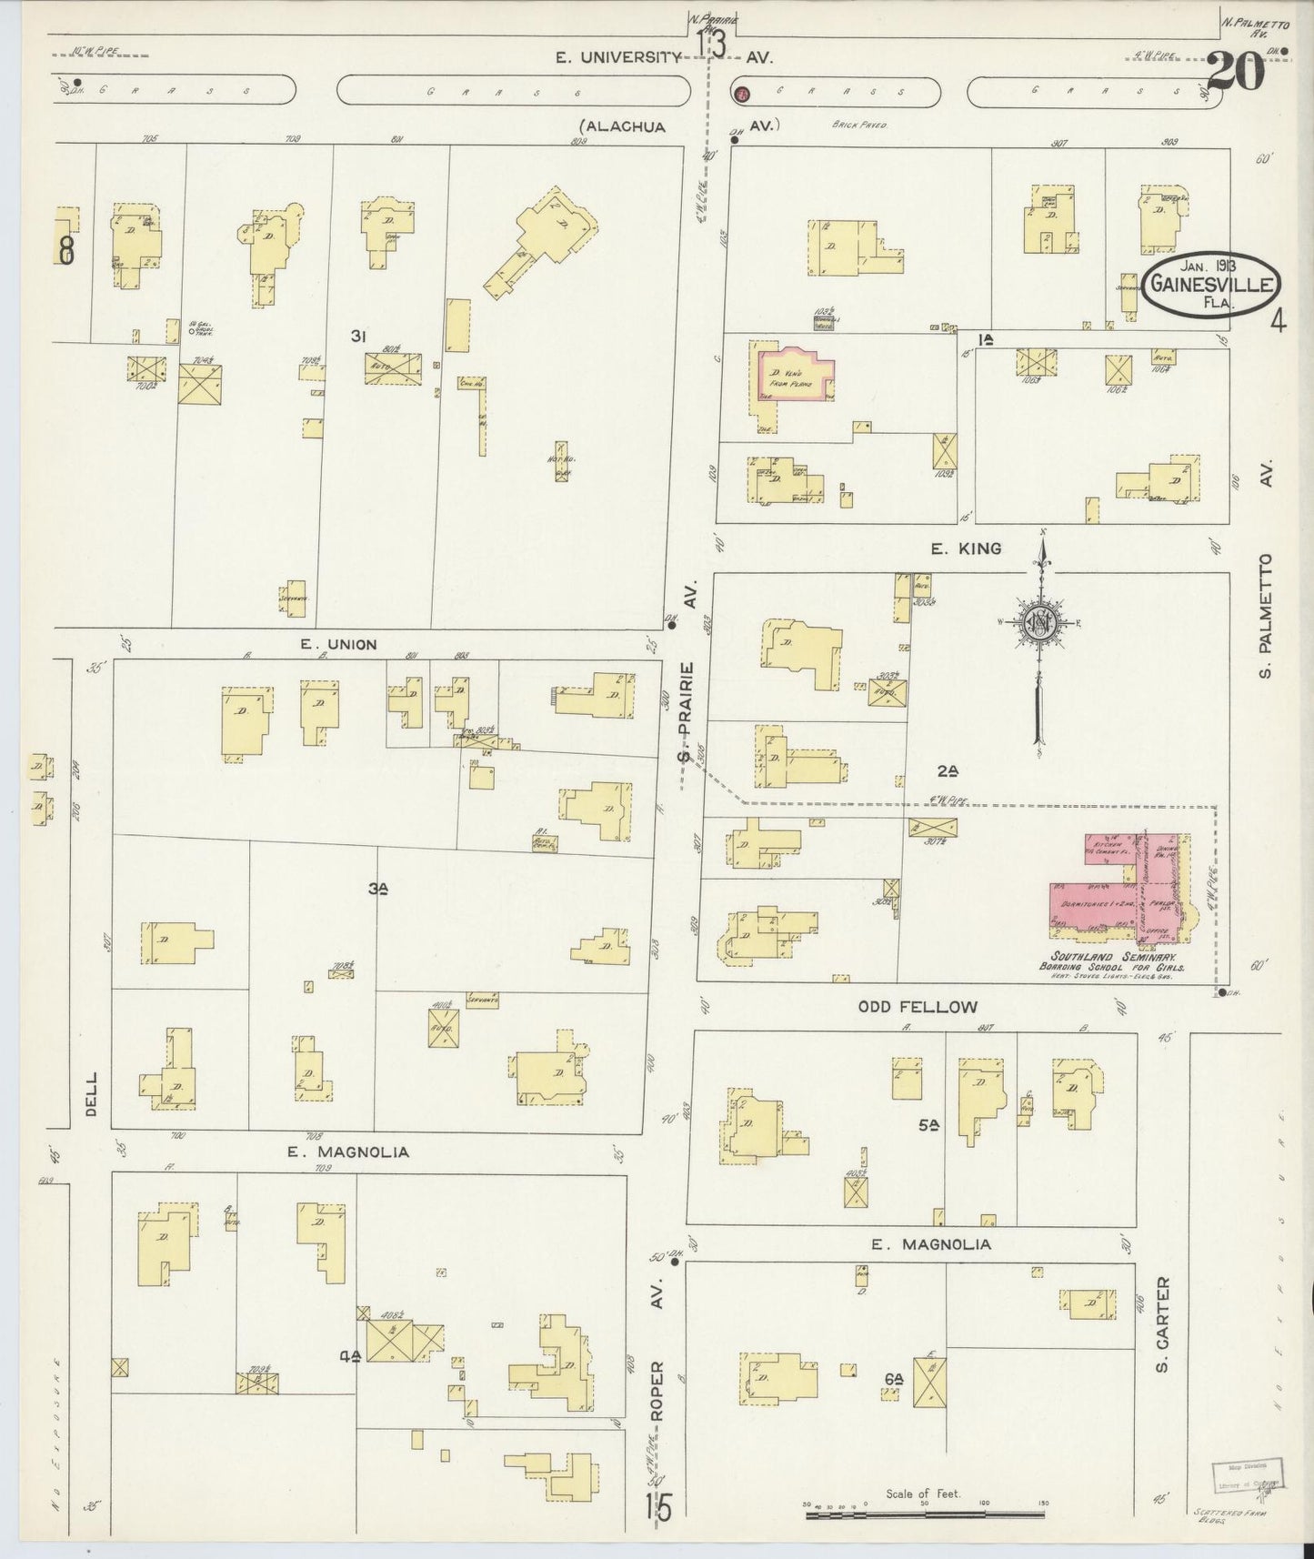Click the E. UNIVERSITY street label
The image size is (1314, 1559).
pyautogui.click(x=619, y=57)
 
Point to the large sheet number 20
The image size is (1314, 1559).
pyautogui.click(x=1237, y=73)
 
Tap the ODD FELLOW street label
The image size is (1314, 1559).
pyautogui.click(x=918, y=1007)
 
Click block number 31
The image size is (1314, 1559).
pyautogui.click(x=358, y=337)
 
